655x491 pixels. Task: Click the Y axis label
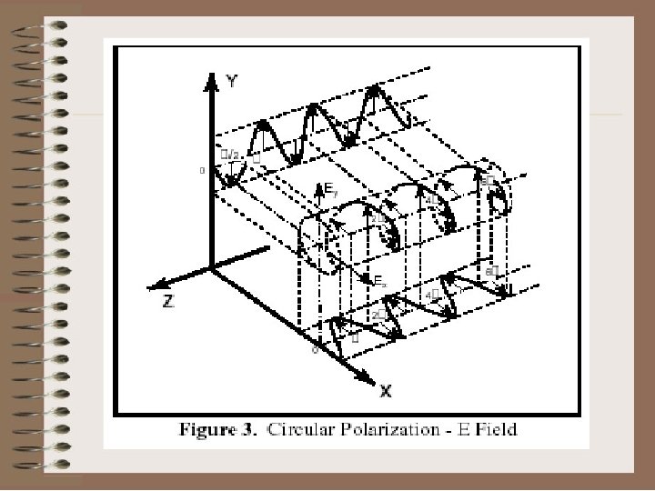click(x=233, y=81)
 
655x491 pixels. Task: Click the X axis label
click(x=386, y=392)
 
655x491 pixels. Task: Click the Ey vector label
click(x=331, y=191)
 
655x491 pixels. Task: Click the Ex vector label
click(x=380, y=283)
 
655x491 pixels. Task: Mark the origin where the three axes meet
click(x=211, y=267)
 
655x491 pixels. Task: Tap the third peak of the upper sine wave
click(x=374, y=89)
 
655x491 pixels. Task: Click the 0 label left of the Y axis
click(x=202, y=170)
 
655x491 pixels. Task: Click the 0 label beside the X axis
click(x=315, y=349)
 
